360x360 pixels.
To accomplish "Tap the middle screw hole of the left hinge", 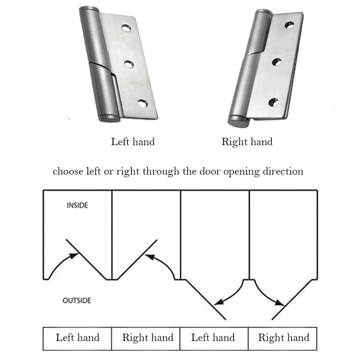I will coord(129,64).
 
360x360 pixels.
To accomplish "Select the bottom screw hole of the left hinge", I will coord(143,104).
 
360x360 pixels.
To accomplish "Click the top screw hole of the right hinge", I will coord(289,24).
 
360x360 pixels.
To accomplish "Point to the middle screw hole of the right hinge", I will coord(276,62).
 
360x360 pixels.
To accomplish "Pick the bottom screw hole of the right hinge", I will coord(273,102).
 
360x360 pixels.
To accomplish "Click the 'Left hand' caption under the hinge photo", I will coord(133,142).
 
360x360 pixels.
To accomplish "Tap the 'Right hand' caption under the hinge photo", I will coord(247,142).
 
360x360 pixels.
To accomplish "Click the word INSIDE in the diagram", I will coord(77,206).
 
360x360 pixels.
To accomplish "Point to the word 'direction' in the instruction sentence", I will coord(283,171).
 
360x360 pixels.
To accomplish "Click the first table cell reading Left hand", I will coord(77,337).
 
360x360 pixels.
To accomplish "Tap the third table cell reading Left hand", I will coord(213,337).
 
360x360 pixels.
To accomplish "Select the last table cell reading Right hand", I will coord(283,337).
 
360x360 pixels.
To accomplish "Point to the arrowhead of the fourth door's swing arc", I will coord(280,301).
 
